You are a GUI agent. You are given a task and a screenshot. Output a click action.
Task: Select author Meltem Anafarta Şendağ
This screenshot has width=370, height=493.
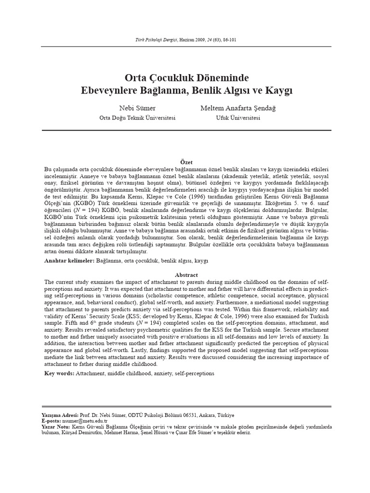(x=238, y=108)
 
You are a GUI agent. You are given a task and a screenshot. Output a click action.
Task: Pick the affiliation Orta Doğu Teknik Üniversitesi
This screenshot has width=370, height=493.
(x=137, y=118)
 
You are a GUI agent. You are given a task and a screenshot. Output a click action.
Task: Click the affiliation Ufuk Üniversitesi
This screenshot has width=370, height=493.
(x=238, y=118)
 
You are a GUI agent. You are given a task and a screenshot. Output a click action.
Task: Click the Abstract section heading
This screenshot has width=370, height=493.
(x=186, y=274)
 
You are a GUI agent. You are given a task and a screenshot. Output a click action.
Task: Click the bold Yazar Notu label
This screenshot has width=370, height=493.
(x=55, y=427)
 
